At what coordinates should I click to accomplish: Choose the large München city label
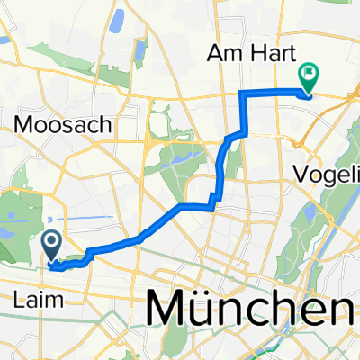[x=252, y=308]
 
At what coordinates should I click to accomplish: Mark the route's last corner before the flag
[x=242, y=93]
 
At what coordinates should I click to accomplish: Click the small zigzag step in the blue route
[x=214, y=200]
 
